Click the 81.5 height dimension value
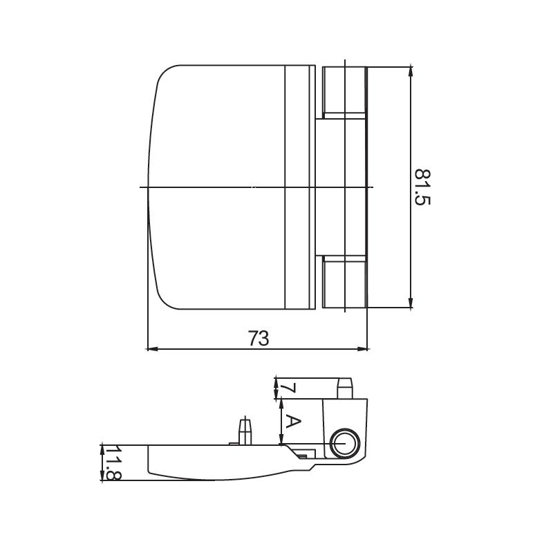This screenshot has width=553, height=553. click(422, 187)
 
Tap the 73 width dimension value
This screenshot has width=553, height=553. click(258, 338)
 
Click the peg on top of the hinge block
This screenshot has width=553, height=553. click(344, 387)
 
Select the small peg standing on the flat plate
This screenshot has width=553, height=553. click(244, 430)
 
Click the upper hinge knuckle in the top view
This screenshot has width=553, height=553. click(343, 91)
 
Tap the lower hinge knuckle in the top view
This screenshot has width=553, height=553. click(343, 281)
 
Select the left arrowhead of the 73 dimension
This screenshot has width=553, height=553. click(151, 349)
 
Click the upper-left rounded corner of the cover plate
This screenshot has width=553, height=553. click(163, 77)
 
